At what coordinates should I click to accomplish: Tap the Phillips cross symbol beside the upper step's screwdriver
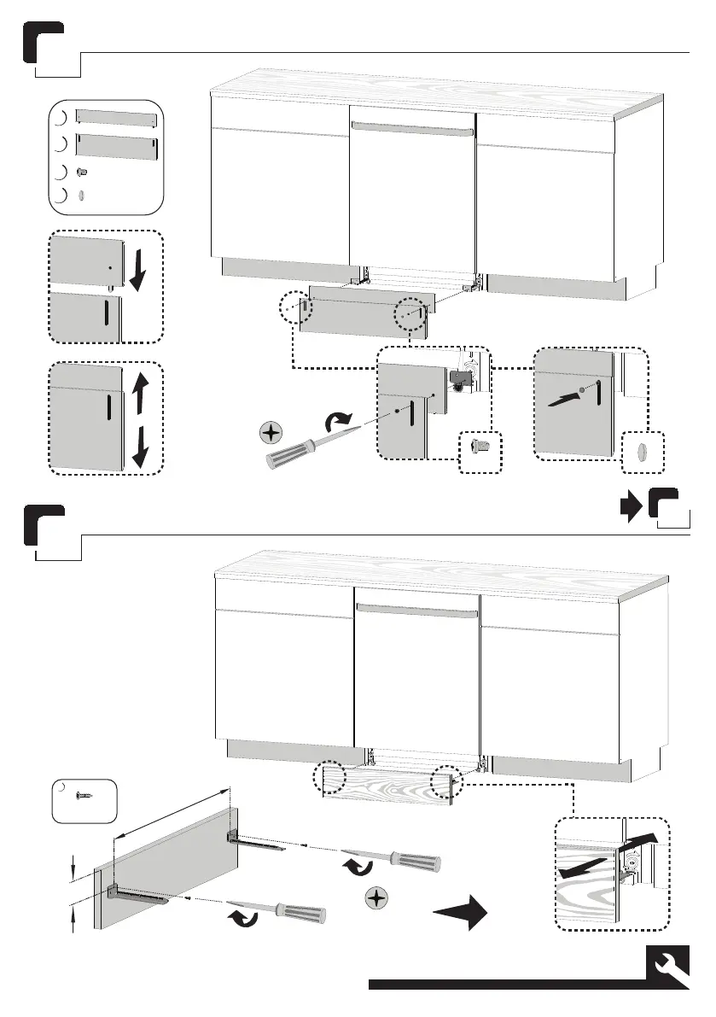click(271, 433)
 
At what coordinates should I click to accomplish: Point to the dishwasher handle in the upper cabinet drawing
click(413, 129)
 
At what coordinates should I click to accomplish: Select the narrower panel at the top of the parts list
click(116, 118)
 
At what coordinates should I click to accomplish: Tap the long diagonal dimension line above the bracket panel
click(172, 810)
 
